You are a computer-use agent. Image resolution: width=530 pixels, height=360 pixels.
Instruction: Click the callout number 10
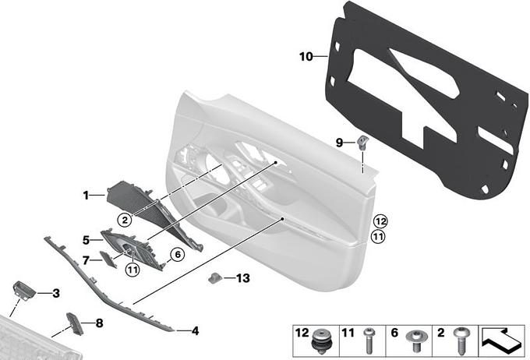(x=306, y=56)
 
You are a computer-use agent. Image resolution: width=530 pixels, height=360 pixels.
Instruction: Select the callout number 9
(x=339, y=143)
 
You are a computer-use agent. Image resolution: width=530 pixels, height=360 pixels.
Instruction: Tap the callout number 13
(x=242, y=278)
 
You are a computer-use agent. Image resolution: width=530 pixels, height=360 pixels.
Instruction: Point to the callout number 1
(x=86, y=195)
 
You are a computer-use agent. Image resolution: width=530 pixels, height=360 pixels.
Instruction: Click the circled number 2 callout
(x=125, y=221)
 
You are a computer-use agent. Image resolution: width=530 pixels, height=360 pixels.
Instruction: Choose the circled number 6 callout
(x=178, y=254)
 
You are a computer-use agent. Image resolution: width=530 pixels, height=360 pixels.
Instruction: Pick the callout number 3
(x=56, y=294)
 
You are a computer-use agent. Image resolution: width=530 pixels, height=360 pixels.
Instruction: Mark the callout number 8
(x=99, y=323)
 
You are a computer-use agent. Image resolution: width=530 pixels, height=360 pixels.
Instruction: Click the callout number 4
(x=195, y=331)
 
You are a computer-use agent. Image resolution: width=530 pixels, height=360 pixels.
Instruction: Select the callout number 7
(x=86, y=260)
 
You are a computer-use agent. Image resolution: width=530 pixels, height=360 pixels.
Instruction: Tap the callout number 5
(x=87, y=240)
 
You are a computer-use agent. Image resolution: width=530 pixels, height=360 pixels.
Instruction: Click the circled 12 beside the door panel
(x=380, y=222)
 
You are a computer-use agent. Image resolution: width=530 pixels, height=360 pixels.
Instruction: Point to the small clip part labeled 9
(x=362, y=142)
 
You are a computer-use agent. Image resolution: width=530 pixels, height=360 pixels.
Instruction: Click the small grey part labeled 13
(x=215, y=278)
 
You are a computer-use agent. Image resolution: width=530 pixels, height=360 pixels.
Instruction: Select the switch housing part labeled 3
(x=23, y=291)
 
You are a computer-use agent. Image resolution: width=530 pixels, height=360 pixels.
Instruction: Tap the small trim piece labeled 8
(x=75, y=324)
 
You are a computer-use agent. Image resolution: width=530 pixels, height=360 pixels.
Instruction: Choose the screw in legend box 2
(x=461, y=341)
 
